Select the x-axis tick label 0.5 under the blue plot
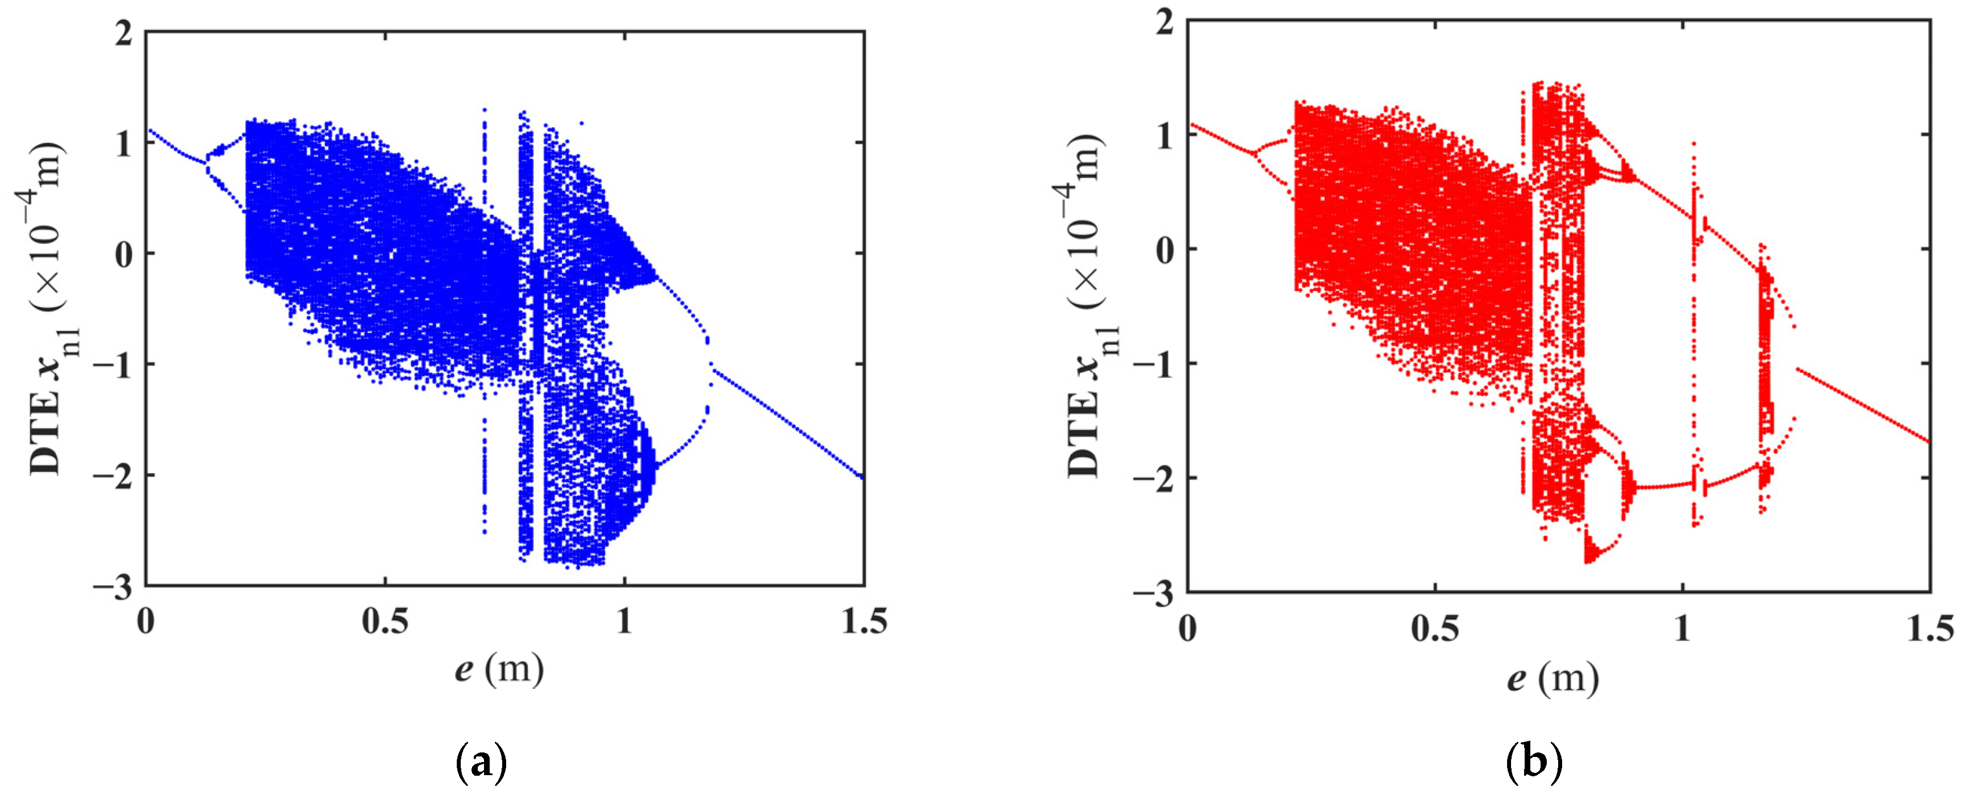[x=385, y=622]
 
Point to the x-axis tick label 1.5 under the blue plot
[x=864, y=622]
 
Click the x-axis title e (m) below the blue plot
[x=499, y=670]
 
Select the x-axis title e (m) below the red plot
[x=1553, y=678]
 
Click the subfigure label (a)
[x=481, y=762]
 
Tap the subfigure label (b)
[x=1533, y=762]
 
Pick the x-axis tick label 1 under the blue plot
[x=624, y=622]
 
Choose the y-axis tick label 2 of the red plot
[x=1165, y=22]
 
